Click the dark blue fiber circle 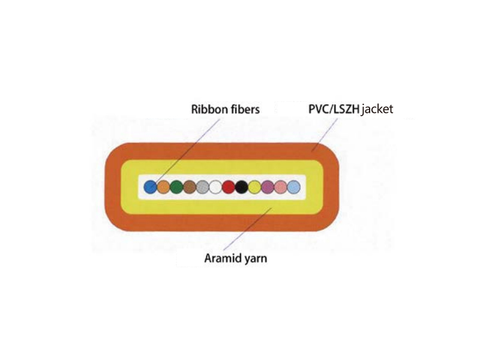[x=151, y=187]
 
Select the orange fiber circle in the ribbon [x=163, y=187]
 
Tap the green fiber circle [x=176, y=187]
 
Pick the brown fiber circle [x=190, y=187]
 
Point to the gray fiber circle [x=202, y=187]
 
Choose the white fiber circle [x=215, y=187]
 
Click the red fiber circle [x=229, y=187]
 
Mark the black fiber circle [x=241, y=187]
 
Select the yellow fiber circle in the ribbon [x=254, y=187]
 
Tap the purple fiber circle [x=268, y=187]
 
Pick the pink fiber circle [x=280, y=187]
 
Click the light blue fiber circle [x=293, y=187]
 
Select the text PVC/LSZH [x=334, y=109]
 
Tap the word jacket [x=377, y=110]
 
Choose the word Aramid [x=223, y=259]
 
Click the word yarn [x=256, y=259]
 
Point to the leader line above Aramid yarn [x=248, y=229]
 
